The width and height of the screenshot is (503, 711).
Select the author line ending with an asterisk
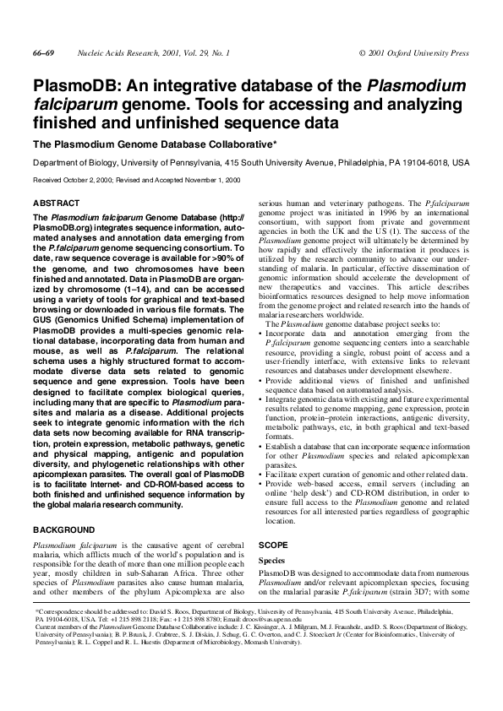155,144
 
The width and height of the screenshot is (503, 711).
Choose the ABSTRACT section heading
56,204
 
